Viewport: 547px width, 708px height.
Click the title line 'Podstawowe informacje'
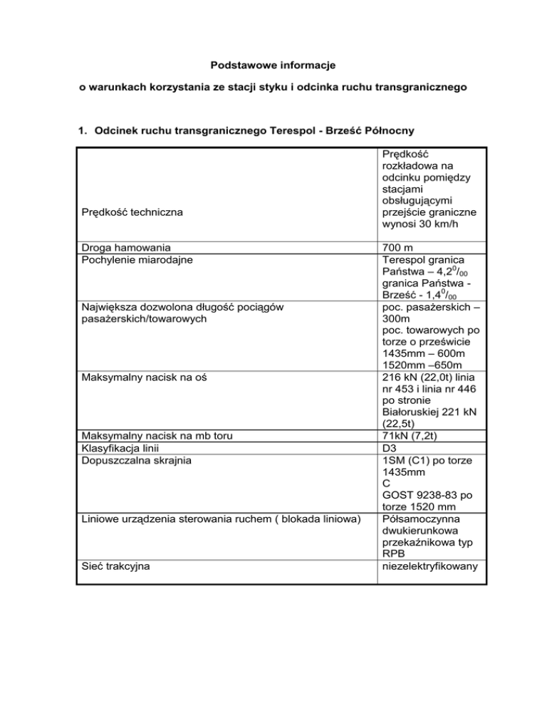tap(273, 66)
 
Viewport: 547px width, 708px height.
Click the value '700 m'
tap(397, 248)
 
